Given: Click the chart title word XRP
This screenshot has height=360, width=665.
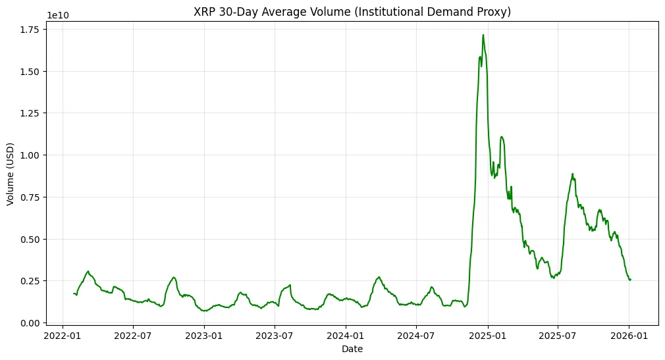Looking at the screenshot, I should tap(204, 11).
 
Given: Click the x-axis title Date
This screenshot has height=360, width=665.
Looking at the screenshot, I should tap(352, 349).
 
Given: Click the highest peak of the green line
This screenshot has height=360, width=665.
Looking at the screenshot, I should tap(483, 35).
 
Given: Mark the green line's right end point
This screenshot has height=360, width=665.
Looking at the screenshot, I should tap(630, 279).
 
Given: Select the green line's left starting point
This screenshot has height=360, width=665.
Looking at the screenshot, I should tap(73, 294).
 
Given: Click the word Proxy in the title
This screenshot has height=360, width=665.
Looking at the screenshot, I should tap(494, 11).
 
